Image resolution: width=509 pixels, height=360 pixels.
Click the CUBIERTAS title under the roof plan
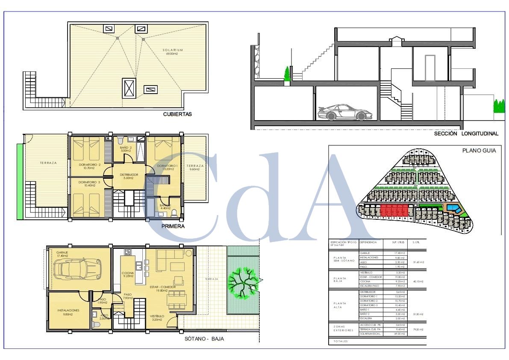pyautogui.click(x=177, y=114)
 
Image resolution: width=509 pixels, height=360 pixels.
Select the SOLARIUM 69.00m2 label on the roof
pyautogui.click(x=173, y=52)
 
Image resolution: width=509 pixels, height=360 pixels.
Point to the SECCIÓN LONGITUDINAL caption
pyautogui.click(x=466, y=133)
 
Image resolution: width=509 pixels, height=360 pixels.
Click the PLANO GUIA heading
pyautogui.click(x=479, y=150)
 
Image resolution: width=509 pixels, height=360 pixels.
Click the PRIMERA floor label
pyautogui.click(x=173, y=226)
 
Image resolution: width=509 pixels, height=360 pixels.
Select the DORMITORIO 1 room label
pyautogui.click(x=167, y=167)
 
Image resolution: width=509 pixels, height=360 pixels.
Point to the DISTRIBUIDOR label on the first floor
pyautogui.click(x=129, y=176)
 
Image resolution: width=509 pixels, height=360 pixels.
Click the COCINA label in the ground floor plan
pyautogui.click(x=128, y=274)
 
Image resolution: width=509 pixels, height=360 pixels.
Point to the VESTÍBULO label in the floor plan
pyautogui.click(x=157, y=318)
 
